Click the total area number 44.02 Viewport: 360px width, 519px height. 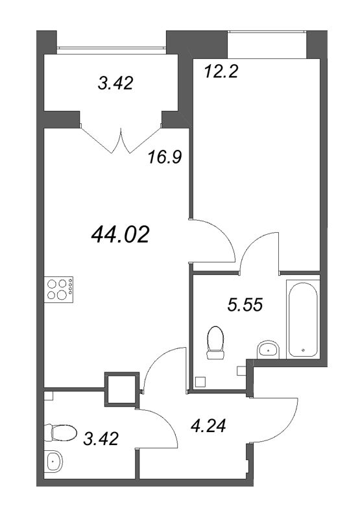coord(121,234)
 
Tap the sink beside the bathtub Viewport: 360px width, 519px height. coord(267,350)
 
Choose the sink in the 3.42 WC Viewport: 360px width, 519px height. coord(54,461)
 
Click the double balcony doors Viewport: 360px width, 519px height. coord(120,136)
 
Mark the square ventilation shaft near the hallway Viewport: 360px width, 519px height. coord(121,389)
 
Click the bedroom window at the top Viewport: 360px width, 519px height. coord(266,43)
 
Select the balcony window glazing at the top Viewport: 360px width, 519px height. coord(110,47)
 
